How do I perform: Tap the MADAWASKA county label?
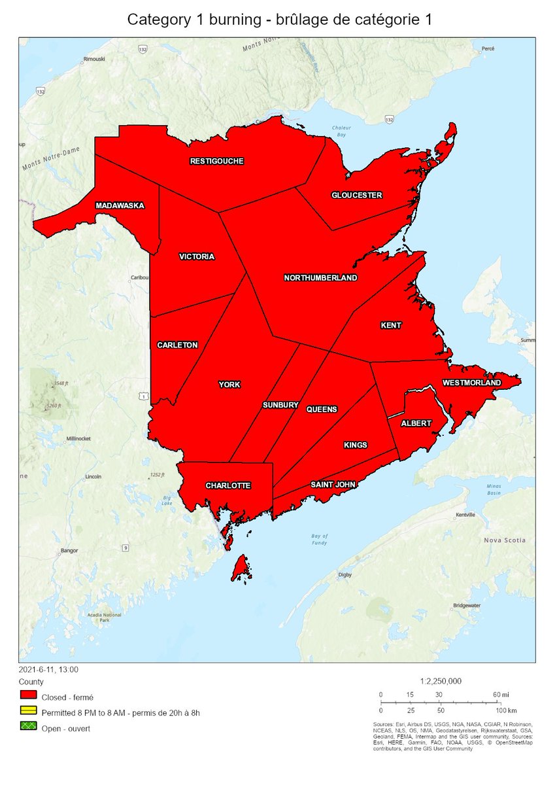(120, 205)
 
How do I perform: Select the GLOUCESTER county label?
(356, 195)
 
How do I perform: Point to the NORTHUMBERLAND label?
(320, 278)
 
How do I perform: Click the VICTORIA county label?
(196, 256)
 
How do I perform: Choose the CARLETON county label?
(177, 345)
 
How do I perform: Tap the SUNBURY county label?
(280, 405)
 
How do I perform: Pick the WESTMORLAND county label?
(471, 383)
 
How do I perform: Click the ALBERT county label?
(416, 423)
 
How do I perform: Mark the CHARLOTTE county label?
(228, 485)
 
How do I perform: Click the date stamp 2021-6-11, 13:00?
(49, 669)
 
